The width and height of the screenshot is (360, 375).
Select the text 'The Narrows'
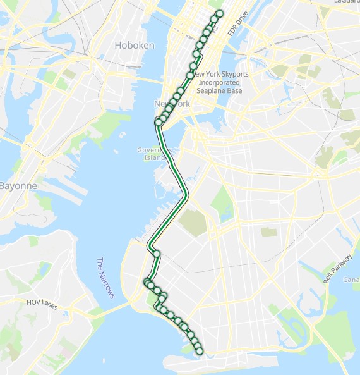pos(105,278)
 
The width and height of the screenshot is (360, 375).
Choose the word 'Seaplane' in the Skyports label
pos(211,90)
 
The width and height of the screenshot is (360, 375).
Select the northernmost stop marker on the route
pos(220,13)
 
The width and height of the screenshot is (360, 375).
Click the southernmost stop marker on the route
pos(200,350)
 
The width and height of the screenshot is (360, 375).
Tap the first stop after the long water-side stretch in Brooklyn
pos(157,254)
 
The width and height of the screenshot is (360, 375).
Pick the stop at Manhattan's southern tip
pos(158,121)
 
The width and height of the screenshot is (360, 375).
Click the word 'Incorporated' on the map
pos(219,82)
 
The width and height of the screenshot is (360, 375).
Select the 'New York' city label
pos(172,104)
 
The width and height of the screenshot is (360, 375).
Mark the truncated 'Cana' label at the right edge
pos(351,279)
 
